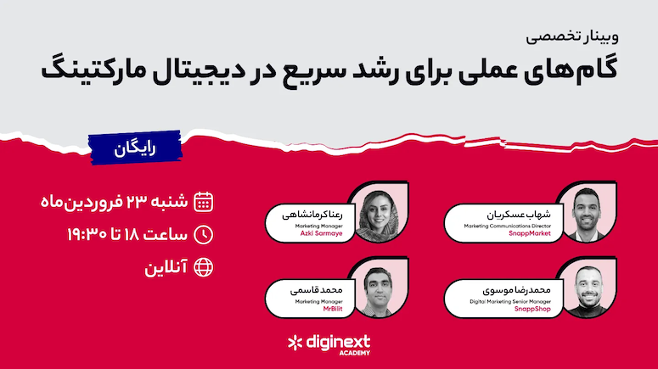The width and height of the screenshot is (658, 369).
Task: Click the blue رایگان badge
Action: (x=135, y=148)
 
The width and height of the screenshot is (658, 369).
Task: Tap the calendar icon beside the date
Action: (x=203, y=202)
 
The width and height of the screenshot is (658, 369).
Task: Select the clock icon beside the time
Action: (x=203, y=235)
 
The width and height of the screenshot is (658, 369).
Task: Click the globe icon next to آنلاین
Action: (x=203, y=267)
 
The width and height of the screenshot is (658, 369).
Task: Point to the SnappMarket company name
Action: (x=530, y=233)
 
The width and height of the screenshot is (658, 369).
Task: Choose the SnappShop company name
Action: (x=532, y=309)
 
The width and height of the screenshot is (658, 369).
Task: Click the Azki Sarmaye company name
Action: (x=322, y=233)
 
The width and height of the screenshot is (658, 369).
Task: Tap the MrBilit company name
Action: (x=333, y=309)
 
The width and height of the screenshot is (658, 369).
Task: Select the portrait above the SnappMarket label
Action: (x=588, y=212)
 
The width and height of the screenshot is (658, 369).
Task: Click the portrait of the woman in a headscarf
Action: (x=380, y=212)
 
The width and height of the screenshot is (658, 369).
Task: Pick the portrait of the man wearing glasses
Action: (x=380, y=288)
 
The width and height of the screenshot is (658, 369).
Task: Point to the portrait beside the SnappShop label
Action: (x=588, y=288)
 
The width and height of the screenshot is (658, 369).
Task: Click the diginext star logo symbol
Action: (x=295, y=343)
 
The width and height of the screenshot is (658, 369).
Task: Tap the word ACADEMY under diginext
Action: (x=355, y=353)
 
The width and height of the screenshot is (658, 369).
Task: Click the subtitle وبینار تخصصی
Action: (x=572, y=37)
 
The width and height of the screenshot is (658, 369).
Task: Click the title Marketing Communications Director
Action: (x=508, y=226)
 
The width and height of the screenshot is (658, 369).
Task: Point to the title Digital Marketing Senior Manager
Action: (x=510, y=301)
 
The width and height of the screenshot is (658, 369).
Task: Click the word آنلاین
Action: (x=166, y=267)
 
